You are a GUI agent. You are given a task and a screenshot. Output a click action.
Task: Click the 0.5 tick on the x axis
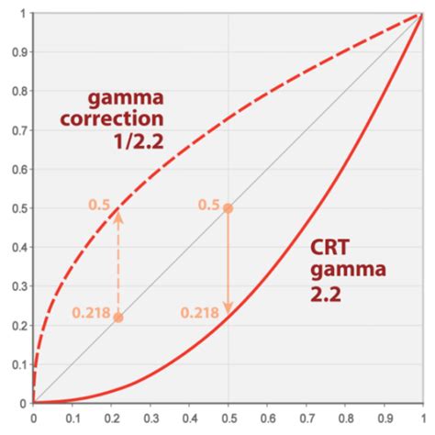click(x=229, y=418)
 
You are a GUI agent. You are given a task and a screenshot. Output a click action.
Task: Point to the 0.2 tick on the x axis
click(x=111, y=418)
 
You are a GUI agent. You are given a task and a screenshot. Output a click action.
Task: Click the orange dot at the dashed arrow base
click(x=118, y=317)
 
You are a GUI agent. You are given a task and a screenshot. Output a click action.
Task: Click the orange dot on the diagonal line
click(x=229, y=208)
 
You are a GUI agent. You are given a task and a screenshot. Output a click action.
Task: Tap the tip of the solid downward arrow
click(x=229, y=314)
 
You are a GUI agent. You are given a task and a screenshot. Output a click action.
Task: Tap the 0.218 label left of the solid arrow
click(x=198, y=313)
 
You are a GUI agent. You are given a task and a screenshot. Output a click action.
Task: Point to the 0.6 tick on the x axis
click(x=267, y=418)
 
